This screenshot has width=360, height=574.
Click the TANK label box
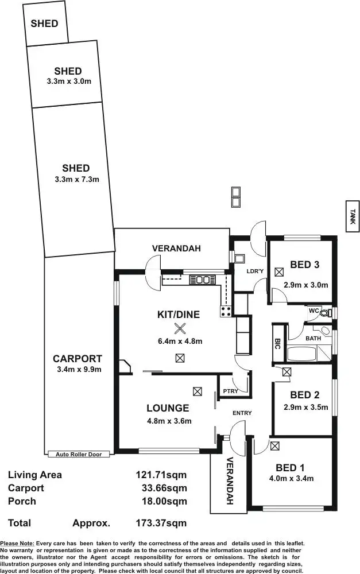tap(353, 216)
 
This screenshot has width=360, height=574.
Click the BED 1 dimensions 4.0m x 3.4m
tap(290, 478)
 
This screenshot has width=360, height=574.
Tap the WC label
tap(313, 311)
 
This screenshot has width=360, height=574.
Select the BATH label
tap(313, 338)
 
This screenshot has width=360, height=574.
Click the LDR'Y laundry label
tap(254, 270)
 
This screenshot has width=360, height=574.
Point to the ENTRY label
tap(242, 413)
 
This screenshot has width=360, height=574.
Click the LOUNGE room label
tap(168, 408)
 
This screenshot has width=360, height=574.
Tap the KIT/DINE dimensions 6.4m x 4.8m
tap(180, 341)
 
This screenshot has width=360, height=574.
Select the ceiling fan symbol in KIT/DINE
tap(181, 328)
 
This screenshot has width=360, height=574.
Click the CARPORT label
tap(77, 359)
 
